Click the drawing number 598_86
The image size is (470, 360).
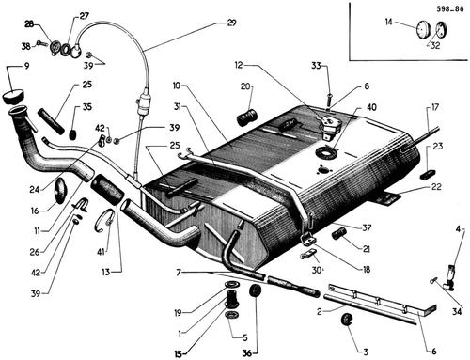pyautogui.click(x=450, y=9)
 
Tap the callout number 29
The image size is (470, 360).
pyautogui.click(x=231, y=23)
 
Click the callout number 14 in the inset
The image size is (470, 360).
pyautogui.click(x=388, y=22)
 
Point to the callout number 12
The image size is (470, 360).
pyautogui.click(x=239, y=65)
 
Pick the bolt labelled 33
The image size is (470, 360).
pyautogui.click(x=330, y=101)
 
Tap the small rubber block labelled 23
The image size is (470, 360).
pyautogui.click(x=429, y=174)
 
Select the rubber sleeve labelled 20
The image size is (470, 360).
pyautogui.click(x=246, y=117)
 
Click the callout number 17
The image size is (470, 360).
pyautogui.click(x=435, y=107)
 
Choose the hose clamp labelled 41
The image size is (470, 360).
pyautogui.click(x=104, y=221)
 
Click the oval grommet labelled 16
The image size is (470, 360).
pyautogui.click(x=60, y=191)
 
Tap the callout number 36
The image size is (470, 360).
pyautogui.click(x=247, y=353)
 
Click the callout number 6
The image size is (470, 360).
pyautogui.click(x=434, y=352)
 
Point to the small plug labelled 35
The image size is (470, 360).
pyautogui.click(x=72, y=134)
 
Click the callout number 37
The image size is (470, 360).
pyautogui.click(x=367, y=227)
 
